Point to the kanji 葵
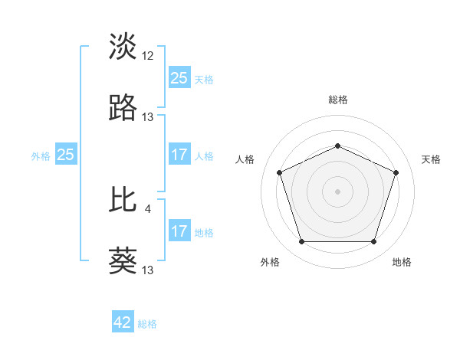(123, 261)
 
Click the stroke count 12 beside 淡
(148, 55)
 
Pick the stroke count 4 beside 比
(148, 207)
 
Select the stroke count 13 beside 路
(148, 117)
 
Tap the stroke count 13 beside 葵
(148, 270)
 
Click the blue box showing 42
(123, 323)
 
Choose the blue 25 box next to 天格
(179, 78)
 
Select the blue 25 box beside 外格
(66, 155)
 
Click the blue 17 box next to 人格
(179, 155)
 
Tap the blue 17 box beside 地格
(179, 231)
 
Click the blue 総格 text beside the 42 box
(147, 324)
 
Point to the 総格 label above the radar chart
(337, 100)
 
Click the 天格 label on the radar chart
(431, 159)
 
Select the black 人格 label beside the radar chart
(245, 159)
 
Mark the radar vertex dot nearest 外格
(301, 242)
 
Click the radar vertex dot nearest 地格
(373, 242)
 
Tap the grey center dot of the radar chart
(337, 191)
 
